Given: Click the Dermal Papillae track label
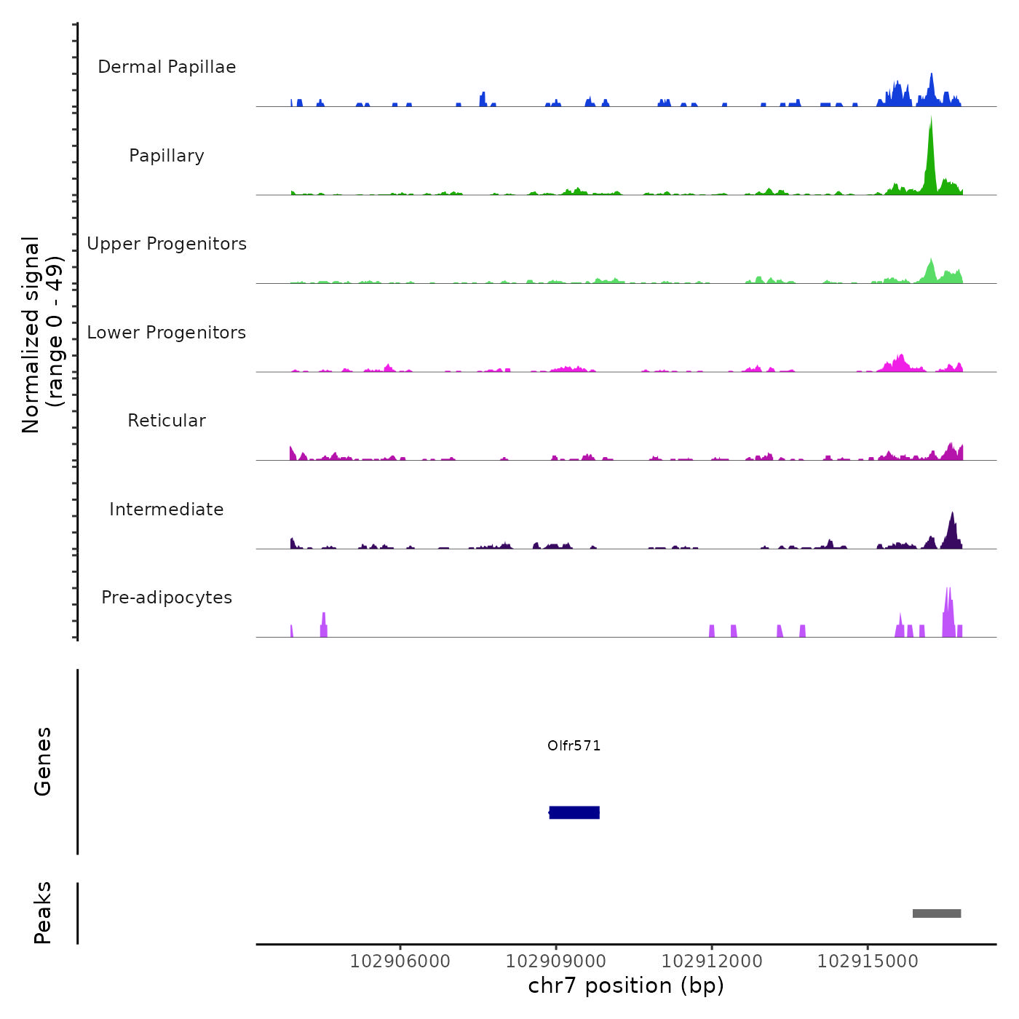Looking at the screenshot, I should coord(167,67).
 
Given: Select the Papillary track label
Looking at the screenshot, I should coord(167,156).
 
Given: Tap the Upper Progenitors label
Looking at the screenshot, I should coord(167,244).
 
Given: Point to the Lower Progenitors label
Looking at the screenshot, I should coord(167,333).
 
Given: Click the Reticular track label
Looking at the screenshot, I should coord(167,421).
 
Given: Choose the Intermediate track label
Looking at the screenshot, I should coord(167,509).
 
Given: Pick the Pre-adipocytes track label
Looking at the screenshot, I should coord(167,598).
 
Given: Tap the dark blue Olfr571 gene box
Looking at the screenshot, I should coord(574,812).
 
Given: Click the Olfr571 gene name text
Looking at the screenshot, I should coord(574,745).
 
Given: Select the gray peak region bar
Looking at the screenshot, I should coord(937,913).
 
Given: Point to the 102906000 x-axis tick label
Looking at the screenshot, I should coord(400,961).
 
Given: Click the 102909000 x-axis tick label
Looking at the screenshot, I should coord(556,961).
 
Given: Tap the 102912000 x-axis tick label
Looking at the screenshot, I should coord(712,961).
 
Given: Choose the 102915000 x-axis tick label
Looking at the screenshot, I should coord(868,961).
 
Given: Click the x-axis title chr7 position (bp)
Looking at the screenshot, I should coord(626,986).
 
